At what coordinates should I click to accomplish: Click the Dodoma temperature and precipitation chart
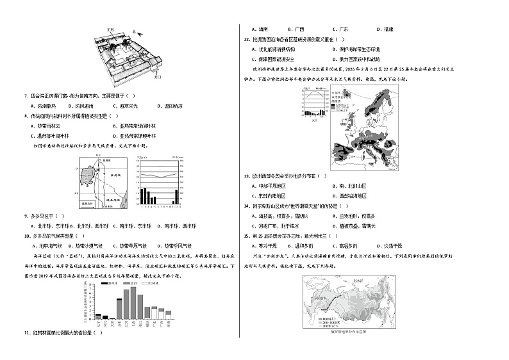coord(160,181)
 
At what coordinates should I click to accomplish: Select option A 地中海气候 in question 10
coord(48,245)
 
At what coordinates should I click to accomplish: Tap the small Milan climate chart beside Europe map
coord(313,104)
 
